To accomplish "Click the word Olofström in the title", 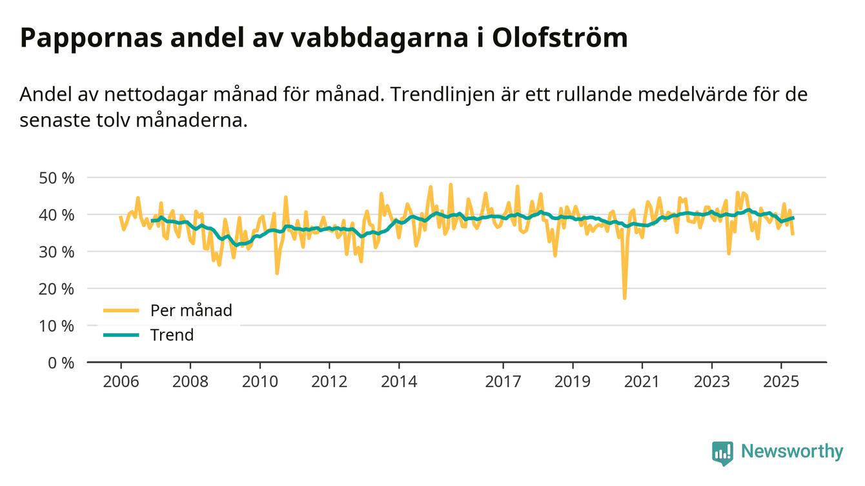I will click(x=559, y=39).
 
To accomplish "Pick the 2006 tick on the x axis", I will click(x=121, y=381).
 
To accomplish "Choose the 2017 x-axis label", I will click(x=503, y=381).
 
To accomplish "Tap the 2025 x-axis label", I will click(x=781, y=381).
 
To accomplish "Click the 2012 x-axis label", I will click(x=329, y=381).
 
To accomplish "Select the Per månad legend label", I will click(x=191, y=310).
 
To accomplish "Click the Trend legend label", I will click(x=172, y=335).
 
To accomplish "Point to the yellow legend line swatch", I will click(x=121, y=310).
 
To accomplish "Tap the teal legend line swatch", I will click(x=121, y=335).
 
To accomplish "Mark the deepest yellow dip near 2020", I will click(x=624, y=298).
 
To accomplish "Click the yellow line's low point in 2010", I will click(x=277, y=273).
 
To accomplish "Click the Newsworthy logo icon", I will click(x=722, y=452).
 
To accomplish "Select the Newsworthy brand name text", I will click(x=792, y=452).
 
